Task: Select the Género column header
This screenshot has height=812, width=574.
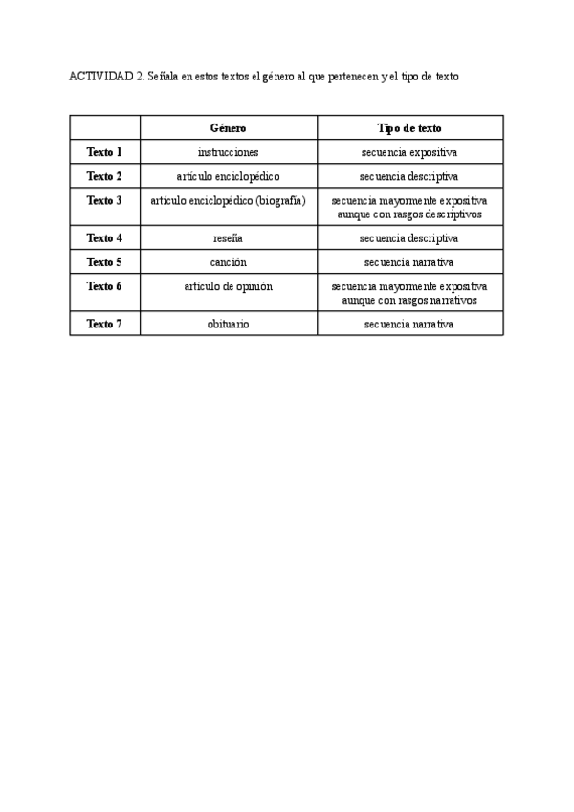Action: click(228, 127)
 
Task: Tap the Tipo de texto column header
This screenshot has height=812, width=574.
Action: click(409, 127)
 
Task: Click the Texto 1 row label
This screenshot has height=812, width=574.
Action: click(104, 151)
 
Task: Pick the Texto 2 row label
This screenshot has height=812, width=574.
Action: click(104, 176)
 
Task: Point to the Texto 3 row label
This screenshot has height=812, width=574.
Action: click(104, 201)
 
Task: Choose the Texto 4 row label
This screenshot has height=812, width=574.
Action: click(104, 237)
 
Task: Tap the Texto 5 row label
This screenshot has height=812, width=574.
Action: click(104, 261)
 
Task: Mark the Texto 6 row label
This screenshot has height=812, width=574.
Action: click(104, 286)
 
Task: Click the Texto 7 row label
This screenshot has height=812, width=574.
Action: click(104, 324)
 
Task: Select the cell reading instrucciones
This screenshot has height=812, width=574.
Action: click(228, 152)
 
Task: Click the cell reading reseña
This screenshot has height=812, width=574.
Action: click(228, 237)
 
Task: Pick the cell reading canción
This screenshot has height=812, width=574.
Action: click(228, 261)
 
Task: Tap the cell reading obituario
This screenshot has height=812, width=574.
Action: click(228, 324)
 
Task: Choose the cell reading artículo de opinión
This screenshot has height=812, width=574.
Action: click(228, 286)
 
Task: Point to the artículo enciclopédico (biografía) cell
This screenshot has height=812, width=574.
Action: click(228, 201)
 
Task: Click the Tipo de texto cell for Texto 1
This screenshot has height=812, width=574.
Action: click(409, 152)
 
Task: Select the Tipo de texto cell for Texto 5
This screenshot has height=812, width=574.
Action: click(409, 261)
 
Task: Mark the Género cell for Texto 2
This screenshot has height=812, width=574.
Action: click(228, 176)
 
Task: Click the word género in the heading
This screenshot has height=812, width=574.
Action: click(275, 77)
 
